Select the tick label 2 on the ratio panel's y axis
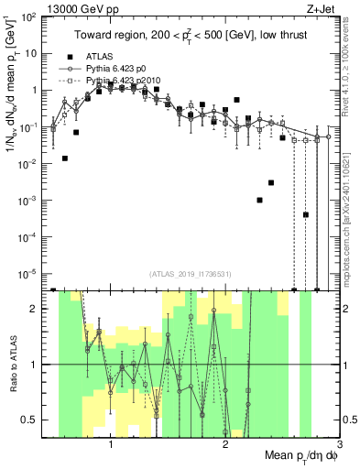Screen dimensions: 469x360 (34, 309)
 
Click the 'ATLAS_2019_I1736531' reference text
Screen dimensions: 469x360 (190, 274)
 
